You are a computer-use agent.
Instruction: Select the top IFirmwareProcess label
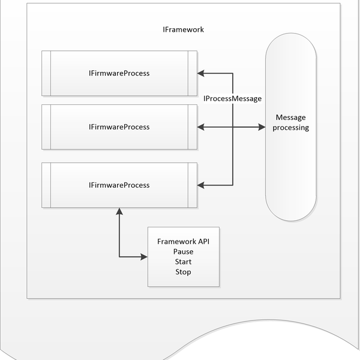pyautogui.click(x=119, y=73)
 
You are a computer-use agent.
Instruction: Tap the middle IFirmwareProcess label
pyautogui.click(x=119, y=127)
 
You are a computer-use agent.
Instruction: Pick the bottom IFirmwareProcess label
pyautogui.click(x=119, y=185)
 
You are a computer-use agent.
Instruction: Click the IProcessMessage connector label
pyautogui.click(x=232, y=98)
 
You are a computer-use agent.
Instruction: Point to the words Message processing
pyautogui.click(x=292, y=122)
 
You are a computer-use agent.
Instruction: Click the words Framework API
pyautogui.click(x=183, y=241)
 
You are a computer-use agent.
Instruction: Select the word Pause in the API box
pyautogui.click(x=183, y=251)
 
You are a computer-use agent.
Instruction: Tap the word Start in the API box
pyautogui.click(x=183, y=262)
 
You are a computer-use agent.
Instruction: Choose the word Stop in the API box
pyautogui.click(x=183, y=272)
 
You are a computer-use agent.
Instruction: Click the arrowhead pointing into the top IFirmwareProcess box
pyautogui.click(x=201, y=73)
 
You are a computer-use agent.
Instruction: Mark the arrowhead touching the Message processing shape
pyautogui.click(x=262, y=127)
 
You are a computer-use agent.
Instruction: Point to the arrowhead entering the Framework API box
pyautogui.click(x=144, y=257)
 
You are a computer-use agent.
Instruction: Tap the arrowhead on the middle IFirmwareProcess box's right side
pyautogui.click(x=201, y=127)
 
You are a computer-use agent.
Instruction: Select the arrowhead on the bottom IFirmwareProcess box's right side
pyautogui.click(x=201, y=185)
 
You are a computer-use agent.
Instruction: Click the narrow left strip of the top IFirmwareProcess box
pyautogui.click(x=46, y=73)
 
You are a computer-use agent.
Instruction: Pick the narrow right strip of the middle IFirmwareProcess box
pyautogui.click(x=192, y=127)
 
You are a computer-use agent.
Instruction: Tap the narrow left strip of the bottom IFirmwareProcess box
pyautogui.click(x=46, y=185)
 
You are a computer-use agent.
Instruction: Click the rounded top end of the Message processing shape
pyautogui.click(x=292, y=45)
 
